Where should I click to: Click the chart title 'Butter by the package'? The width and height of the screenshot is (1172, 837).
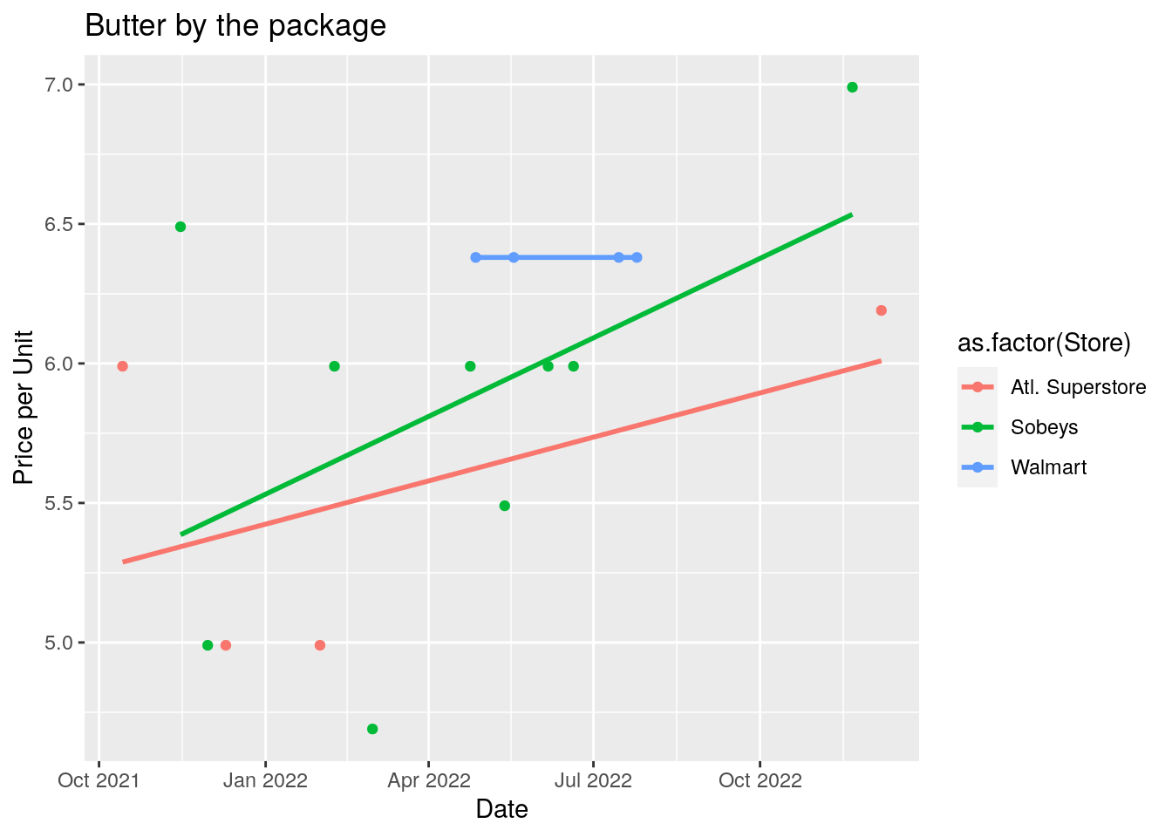click(x=235, y=26)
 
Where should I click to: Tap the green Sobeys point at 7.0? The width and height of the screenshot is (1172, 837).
click(x=852, y=87)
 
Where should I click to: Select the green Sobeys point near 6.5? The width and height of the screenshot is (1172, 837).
click(x=181, y=227)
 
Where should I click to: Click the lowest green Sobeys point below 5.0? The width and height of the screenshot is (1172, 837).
click(x=372, y=729)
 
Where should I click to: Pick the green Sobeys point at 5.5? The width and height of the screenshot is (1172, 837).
click(x=504, y=506)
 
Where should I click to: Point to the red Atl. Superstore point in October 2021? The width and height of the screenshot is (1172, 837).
click(x=123, y=366)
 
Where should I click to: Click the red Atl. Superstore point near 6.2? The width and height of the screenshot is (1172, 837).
click(x=881, y=310)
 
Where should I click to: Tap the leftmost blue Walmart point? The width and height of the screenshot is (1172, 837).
click(x=475, y=257)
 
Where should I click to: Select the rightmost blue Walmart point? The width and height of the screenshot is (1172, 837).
click(x=637, y=257)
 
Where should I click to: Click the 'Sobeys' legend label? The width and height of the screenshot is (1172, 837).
click(x=1044, y=427)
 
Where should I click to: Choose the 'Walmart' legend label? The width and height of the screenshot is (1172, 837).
click(x=1048, y=467)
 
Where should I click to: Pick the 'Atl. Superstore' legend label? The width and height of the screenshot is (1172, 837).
click(x=1078, y=387)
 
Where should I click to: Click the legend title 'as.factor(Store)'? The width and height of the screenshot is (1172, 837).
click(x=1044, y=343)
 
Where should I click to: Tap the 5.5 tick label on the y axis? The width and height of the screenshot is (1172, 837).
click(x=60, y=503)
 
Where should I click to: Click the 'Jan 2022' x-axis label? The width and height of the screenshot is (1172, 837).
click(x=265, y=780)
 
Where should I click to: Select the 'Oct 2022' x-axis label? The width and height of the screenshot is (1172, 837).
click(x=760, y=780)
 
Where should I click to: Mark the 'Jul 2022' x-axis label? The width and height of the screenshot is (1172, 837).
click(x=593, y=780)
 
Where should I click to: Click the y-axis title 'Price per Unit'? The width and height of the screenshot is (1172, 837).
click(x=24, y=407)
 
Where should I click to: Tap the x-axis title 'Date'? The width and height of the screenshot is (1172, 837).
click(x=501, y=810)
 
